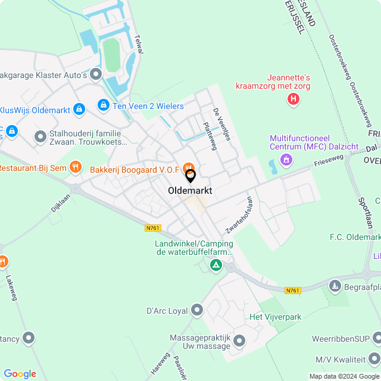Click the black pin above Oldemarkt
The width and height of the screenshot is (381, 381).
tap(190, 176)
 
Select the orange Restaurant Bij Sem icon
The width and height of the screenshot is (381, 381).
tap(74, 167)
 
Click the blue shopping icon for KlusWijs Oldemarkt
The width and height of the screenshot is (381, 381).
tap(79, 110)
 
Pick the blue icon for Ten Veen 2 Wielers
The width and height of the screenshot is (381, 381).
tap(104, 105)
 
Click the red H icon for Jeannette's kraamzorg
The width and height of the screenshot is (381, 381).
tap(293, 99)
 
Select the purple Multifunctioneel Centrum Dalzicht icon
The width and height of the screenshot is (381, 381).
tap(286, 159)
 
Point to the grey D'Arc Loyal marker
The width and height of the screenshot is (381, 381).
tap(197, 310)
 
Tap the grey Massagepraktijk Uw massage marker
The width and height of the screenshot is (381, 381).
tap(239, 341)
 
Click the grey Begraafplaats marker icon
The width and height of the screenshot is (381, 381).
tap(335, 287)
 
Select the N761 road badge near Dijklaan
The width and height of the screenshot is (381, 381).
tap(152, 228)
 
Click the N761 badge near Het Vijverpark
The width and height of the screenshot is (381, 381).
tap(292, 291)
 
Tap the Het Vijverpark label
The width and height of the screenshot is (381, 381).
tap(275, 317)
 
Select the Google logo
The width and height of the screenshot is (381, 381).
tap(20, 373)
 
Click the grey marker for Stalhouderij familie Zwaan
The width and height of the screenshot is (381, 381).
tap(40, 137)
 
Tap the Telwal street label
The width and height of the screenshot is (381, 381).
tap(139, 45)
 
